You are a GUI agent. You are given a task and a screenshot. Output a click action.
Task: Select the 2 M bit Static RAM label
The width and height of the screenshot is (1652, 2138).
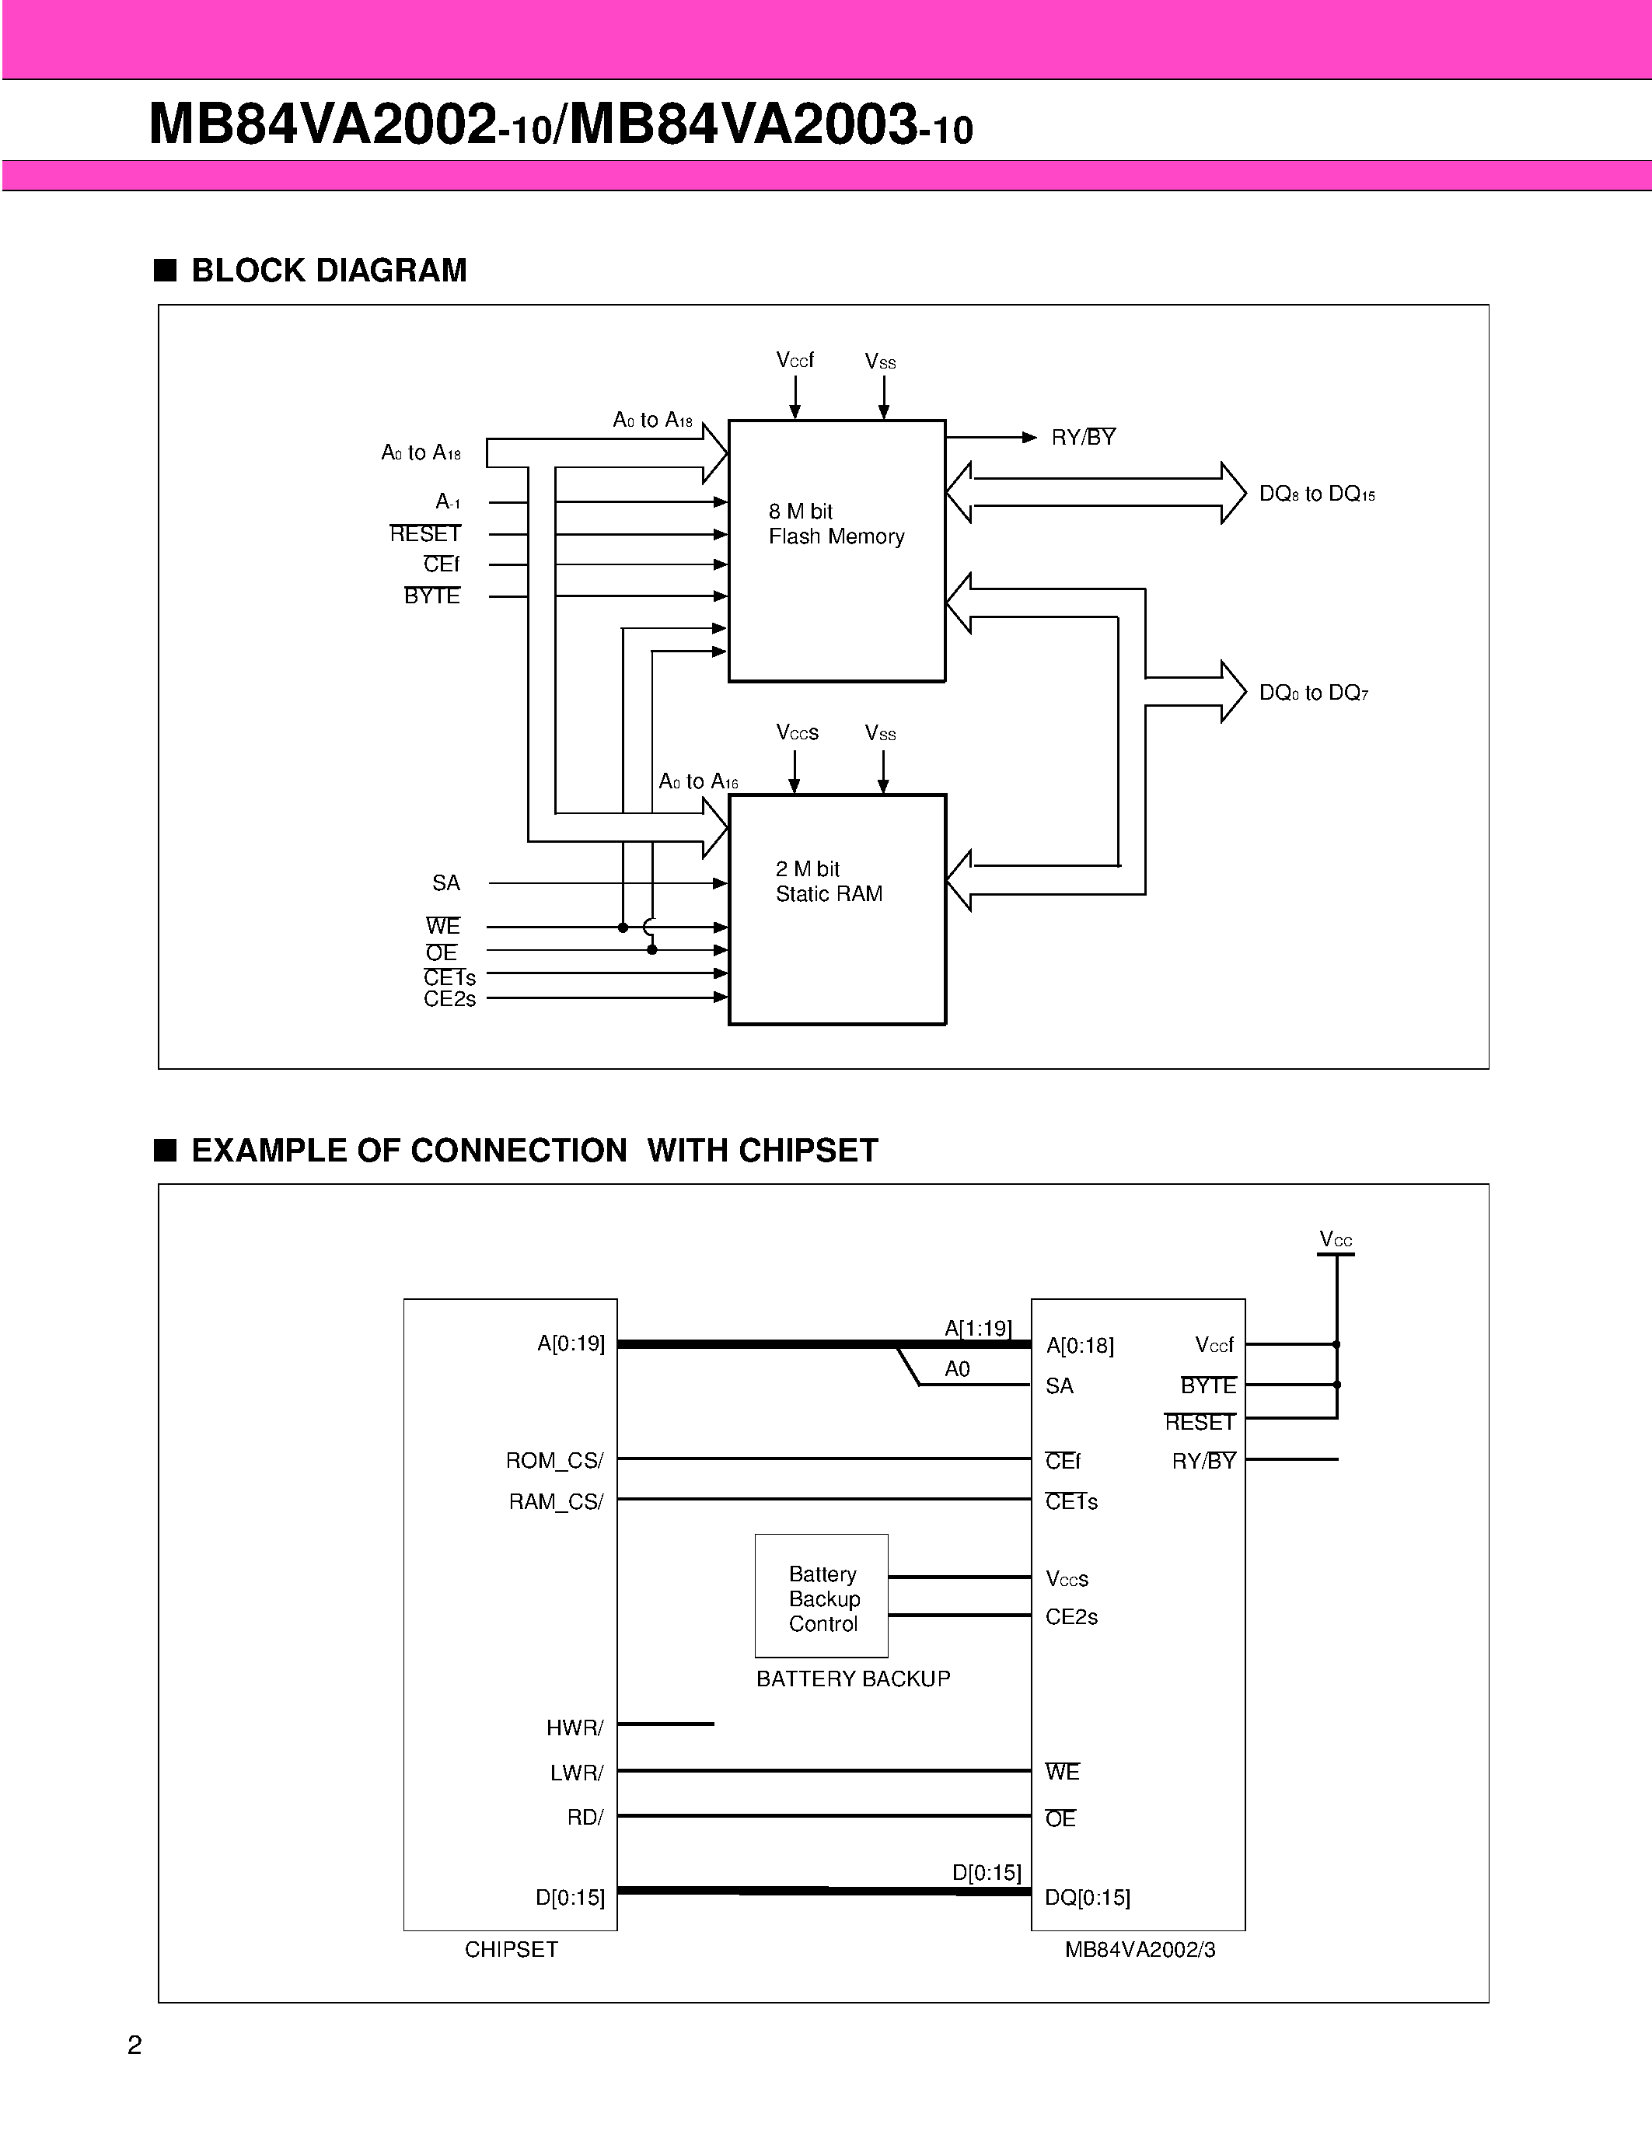tap(828, 881)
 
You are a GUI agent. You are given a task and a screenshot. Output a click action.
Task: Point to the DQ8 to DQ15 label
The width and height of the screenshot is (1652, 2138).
tap(1315, 494)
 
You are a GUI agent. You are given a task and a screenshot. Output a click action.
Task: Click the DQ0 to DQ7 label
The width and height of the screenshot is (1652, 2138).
tap(1312, 693)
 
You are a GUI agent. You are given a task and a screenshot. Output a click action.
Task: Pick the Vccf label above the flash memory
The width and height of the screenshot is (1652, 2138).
tap(795, 360)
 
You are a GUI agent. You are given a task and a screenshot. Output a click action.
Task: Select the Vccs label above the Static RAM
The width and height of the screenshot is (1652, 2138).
tap(797, 732)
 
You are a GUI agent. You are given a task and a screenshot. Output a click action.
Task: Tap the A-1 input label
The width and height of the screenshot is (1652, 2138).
tap(447, 502)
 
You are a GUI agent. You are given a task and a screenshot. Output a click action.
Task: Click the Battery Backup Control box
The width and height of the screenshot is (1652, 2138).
tap(821, 1598)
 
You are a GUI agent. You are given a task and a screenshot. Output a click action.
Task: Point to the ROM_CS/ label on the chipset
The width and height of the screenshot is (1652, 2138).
tap(554, 1461)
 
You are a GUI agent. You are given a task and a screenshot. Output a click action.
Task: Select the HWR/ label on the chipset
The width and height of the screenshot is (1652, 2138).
tap(575, 1728)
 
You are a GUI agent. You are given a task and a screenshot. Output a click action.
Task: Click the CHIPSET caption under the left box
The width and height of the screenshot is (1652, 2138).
tap(511, 1949)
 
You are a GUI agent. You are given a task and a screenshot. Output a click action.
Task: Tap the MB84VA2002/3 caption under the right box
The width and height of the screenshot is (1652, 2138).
tap(1139, 1949)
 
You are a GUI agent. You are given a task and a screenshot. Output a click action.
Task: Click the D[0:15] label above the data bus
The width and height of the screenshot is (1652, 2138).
tap(986, 1873)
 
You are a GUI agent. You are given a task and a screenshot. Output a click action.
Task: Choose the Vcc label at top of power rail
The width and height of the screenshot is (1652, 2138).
tap(1335, 1239)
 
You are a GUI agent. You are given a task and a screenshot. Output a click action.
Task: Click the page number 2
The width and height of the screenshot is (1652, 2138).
tap(135, 2045)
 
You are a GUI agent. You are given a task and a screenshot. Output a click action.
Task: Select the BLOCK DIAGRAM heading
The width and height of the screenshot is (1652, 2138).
tap(328, 271)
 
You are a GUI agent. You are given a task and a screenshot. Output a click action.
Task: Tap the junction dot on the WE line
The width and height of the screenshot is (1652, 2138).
tap(623, 927)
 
